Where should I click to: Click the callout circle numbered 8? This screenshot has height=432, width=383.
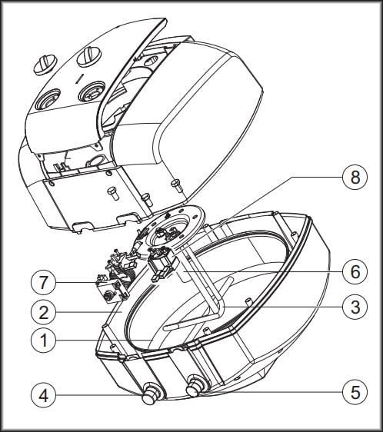[x=355, y=177]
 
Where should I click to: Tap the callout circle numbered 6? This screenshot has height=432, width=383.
[x=355, y=271]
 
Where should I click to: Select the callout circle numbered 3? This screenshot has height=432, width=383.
[x=355, y=307]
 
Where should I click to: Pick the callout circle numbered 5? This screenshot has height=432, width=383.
[x=355, y=392]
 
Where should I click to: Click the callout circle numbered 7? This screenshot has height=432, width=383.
[x=43, y=282]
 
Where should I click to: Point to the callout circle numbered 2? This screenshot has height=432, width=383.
[x=43, y=312]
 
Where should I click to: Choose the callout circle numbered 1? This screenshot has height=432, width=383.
[x=43, y=340]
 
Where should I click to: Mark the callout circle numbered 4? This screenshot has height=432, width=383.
[x=43, y=395]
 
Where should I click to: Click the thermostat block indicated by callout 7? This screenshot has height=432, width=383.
[x=112, y=290]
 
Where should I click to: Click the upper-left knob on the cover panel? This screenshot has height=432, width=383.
[x=45, y=65]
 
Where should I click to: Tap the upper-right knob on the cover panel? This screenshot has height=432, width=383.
[x=88, y=56]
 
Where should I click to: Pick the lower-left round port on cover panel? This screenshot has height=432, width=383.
[x=48, y=100]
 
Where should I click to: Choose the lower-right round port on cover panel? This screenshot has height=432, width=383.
[x=92, y=91]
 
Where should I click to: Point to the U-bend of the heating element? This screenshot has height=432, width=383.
[x=219, y=308]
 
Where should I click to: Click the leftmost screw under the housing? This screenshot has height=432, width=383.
[x=113, y=192]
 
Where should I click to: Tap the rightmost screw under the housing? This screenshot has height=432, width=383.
[x=177, y=185]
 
